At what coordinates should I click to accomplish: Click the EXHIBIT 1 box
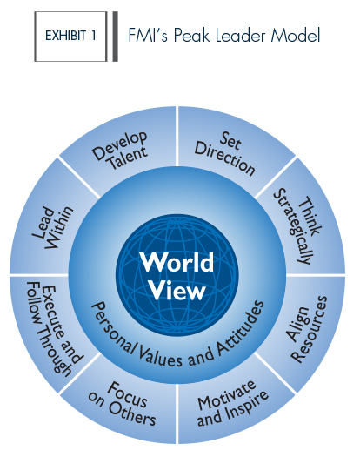click(x=70, y=37)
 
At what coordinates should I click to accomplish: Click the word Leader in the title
click(x=240, y=36)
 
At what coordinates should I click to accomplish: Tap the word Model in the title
click(x=296, y=36)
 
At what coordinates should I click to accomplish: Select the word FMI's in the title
click(x=148, y=36)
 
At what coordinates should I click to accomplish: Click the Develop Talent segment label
click(x=120, y=151)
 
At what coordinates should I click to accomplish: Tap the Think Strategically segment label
click(x=297, y=226)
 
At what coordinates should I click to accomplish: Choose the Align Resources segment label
click(x=307, y=330)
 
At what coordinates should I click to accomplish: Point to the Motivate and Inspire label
click(x=232, y=403)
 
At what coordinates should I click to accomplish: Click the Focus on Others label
click(x=123, y=404)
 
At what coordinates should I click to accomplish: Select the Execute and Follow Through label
click(x=54, y=329)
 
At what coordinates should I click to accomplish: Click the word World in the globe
click(x=177, y=262)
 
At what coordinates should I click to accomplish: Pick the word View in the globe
click(x=177, y=290)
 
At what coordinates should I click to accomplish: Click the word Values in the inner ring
click(x=159, y=355)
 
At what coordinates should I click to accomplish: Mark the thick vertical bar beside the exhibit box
click(x=116, y=37)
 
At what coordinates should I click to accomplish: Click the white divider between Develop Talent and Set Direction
click(x=177, y=137)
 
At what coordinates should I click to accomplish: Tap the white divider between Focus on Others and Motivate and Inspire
click(x=177, y=413)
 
